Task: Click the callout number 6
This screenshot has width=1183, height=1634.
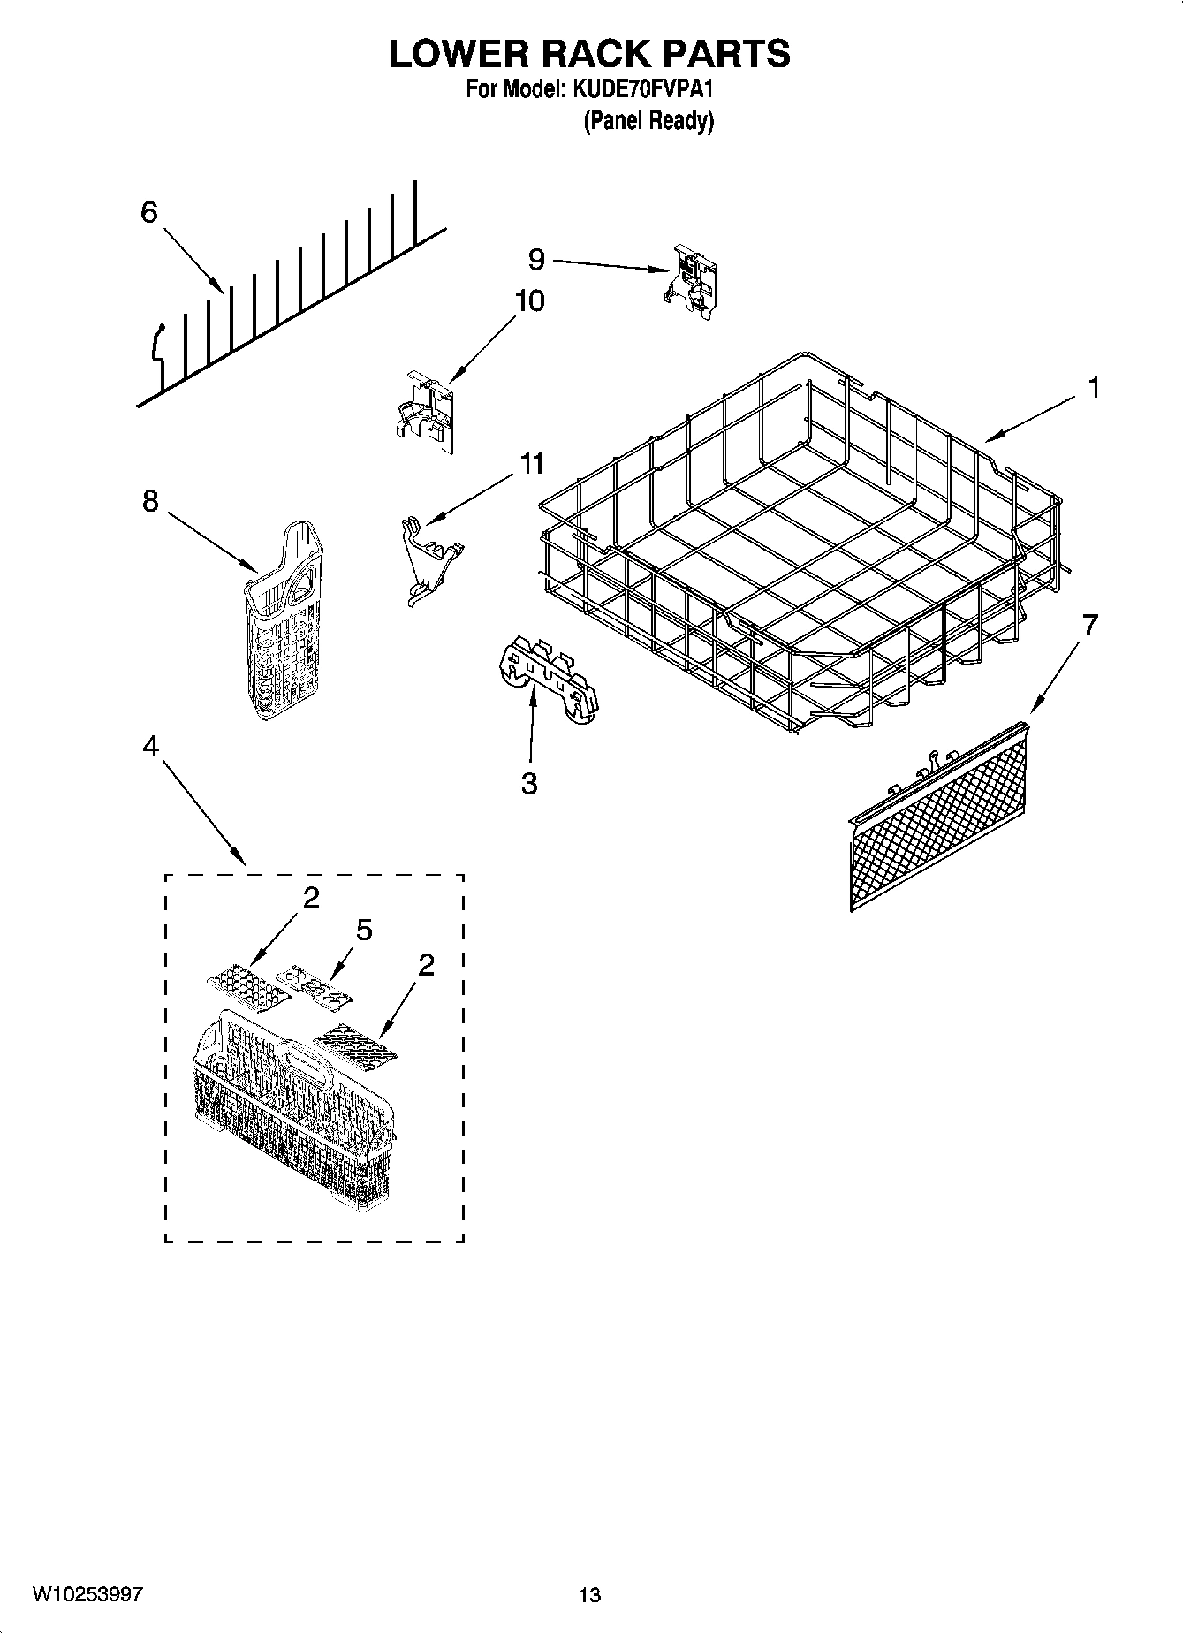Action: pos(148,212)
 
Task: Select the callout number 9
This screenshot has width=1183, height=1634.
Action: pos(536,259)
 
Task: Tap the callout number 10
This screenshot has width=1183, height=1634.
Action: pos(529,300)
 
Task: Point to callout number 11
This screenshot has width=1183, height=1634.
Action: pos(532,463)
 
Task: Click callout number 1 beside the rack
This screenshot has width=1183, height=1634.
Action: pos(1094,387)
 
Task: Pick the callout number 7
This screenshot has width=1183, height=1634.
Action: pos(1089,626)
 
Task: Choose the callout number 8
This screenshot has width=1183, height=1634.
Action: pos(150,501)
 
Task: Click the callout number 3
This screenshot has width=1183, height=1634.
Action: pos(529,783)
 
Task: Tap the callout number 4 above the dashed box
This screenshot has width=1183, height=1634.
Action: pos(150,747)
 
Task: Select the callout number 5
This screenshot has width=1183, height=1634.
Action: pos(364,930)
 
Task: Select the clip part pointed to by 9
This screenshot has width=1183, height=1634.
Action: pos(691,280)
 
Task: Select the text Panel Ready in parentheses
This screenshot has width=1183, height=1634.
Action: pos(648,121)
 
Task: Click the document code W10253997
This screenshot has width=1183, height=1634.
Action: pos(87,1594)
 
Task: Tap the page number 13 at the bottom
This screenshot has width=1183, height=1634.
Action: pos(589,1595)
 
